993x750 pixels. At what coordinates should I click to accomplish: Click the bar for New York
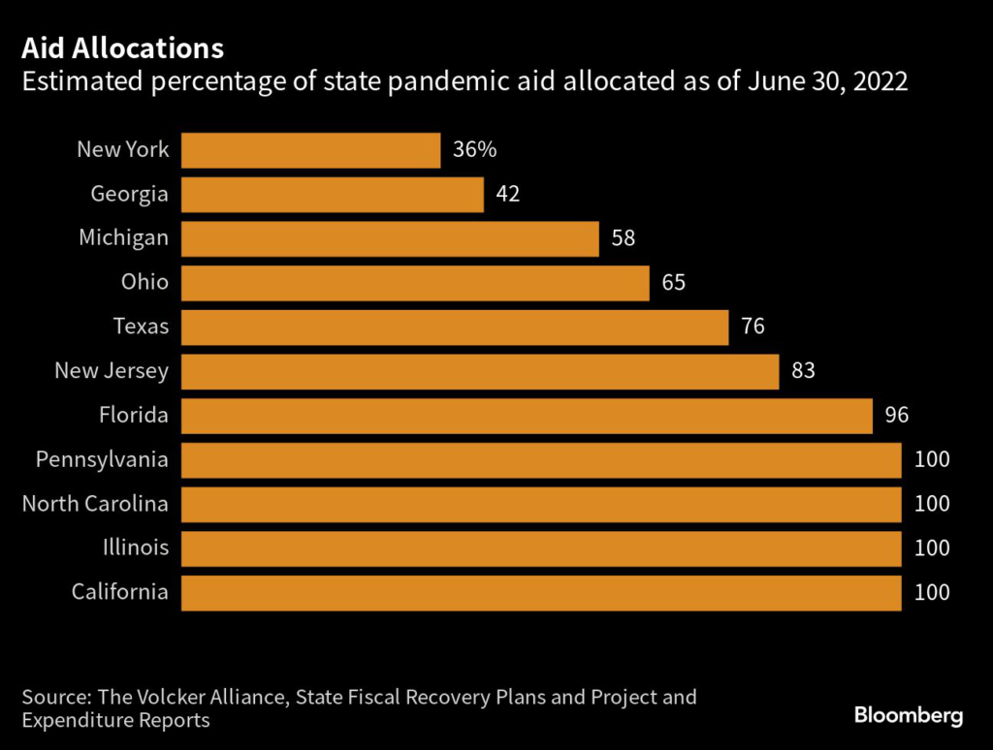pyautogui.click(x=311, y=150)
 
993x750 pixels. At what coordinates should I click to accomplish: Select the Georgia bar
pyautogui.click(x=333, y=194)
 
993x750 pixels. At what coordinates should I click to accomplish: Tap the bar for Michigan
pyautogui.click(x=390, y=238)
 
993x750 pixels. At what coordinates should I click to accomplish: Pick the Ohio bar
pyautogui.click(x=415, y=283)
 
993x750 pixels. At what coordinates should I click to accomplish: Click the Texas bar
pyautogui.click(x=455, y=328)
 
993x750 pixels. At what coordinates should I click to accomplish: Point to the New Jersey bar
pyautogui.click(x=480, y=371)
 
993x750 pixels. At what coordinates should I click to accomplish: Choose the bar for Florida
pyautogui.click(x=527, y=416)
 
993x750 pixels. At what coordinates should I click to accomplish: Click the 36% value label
pyautogui.click(x=474, y=150)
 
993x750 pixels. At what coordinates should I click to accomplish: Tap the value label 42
pyautogui.click(x=507, y=194)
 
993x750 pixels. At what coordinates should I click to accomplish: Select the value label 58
pyautogui.click(x=623, y=238)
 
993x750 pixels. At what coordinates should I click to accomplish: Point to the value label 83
pyautogui.click(x=803, y=371)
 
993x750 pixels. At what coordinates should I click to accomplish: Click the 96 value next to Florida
pyautogui.click(x=896, y=416)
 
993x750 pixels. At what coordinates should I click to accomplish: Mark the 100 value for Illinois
pyautogui.click(x=931, y=548)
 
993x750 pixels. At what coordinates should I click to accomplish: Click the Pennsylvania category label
pyautogui.click(x=102, y=459)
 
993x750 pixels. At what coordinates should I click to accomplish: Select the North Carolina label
pyautogui.click(x=95, y=504)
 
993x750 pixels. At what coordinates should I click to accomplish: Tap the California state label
pyautogui.click(x=119, y=592)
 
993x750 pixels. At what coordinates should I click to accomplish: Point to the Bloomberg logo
pyautogui.click(x=909, y=716)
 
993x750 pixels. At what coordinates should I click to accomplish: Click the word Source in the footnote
pyautogui.click(x=55, y=697)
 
